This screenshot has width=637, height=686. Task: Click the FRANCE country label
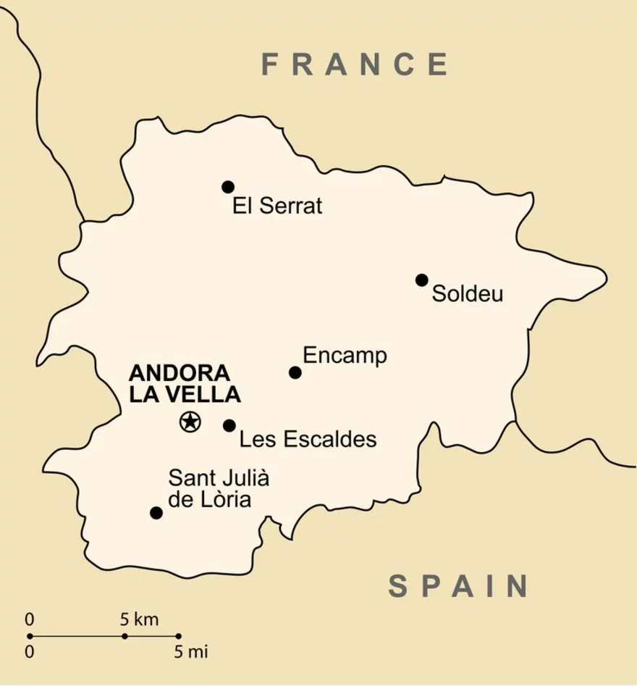[355, 64]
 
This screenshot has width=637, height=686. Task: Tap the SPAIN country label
[458, 585]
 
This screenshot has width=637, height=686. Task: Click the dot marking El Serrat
[228, 187]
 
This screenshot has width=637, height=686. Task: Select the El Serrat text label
[277, 206]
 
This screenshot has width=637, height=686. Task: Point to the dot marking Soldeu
[422, 280]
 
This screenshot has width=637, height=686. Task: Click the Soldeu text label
[467, 295]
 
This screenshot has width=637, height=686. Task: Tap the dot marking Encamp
[295, 372]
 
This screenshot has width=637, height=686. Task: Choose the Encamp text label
[345, 356]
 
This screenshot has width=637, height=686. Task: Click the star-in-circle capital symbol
[190, 420]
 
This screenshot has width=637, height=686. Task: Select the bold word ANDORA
[180, 374]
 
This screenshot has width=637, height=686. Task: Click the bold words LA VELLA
[185, 395]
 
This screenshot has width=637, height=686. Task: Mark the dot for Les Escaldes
[229, 425]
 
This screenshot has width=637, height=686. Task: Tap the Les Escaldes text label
[308, 440]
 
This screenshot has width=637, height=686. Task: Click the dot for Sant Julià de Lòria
[156, 513]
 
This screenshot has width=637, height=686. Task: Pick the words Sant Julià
[219, 479]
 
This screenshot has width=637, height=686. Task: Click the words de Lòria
[209, 500]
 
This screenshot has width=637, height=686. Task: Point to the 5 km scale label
[139, 619]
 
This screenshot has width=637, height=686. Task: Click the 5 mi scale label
[190, 651]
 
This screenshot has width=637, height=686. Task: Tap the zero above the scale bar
[29, 619]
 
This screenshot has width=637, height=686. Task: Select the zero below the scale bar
[29, 651]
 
